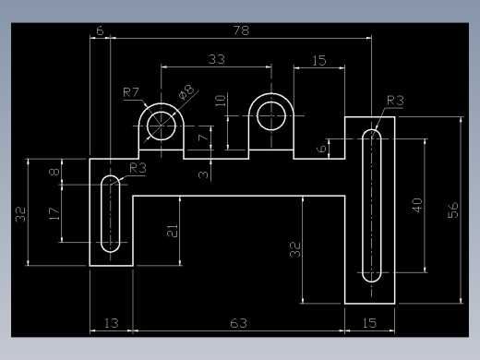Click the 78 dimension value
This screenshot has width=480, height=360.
(x=241, y=30)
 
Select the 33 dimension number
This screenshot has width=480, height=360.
(x=217, y=59)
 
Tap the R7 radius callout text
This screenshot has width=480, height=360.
(x=131, y=92)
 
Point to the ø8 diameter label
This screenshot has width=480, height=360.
(x=186, y=92)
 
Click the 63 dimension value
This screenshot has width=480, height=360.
(x=238, y=323)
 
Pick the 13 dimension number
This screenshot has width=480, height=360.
(x=111, y=323)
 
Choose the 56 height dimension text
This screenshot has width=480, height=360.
(x=453, y=210)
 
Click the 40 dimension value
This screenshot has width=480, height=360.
(x=417, y=205)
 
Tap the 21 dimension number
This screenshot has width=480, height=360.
(x=173, y=231)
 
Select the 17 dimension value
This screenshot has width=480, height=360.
(x=54, y=214)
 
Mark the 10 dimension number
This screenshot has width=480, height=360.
(x=221, y=101)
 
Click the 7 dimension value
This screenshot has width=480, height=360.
(x=203, y=137)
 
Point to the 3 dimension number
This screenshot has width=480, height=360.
(x=203, y=174)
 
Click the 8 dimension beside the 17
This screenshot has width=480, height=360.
(x=54, y=171)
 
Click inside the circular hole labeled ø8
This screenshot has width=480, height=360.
(x=162, y=126)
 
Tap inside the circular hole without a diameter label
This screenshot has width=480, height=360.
(x=271, y=116)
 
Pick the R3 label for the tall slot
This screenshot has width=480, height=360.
(x=395, y=101)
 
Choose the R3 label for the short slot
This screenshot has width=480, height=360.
(x=138, y=168)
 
